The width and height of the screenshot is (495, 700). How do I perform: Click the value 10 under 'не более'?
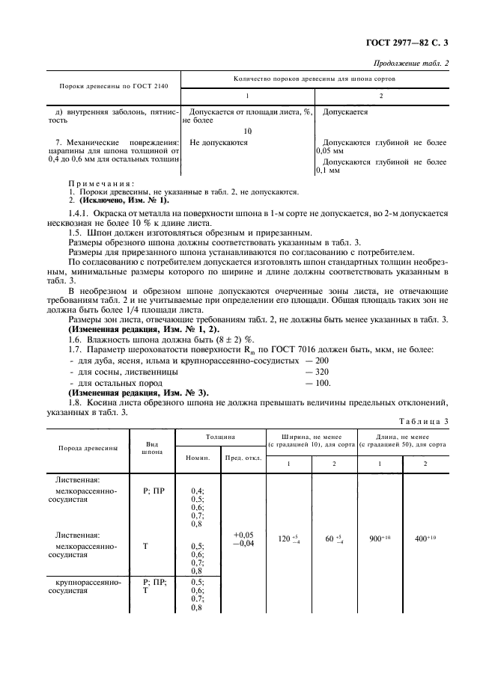coord(248,131)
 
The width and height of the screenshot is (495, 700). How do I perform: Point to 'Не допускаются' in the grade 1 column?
coord(219,142)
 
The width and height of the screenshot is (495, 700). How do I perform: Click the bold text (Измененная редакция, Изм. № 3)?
coord(138,393)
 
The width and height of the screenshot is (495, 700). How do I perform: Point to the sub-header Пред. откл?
coord(243,458)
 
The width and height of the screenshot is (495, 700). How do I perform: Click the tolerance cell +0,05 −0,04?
coord(243,540)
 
